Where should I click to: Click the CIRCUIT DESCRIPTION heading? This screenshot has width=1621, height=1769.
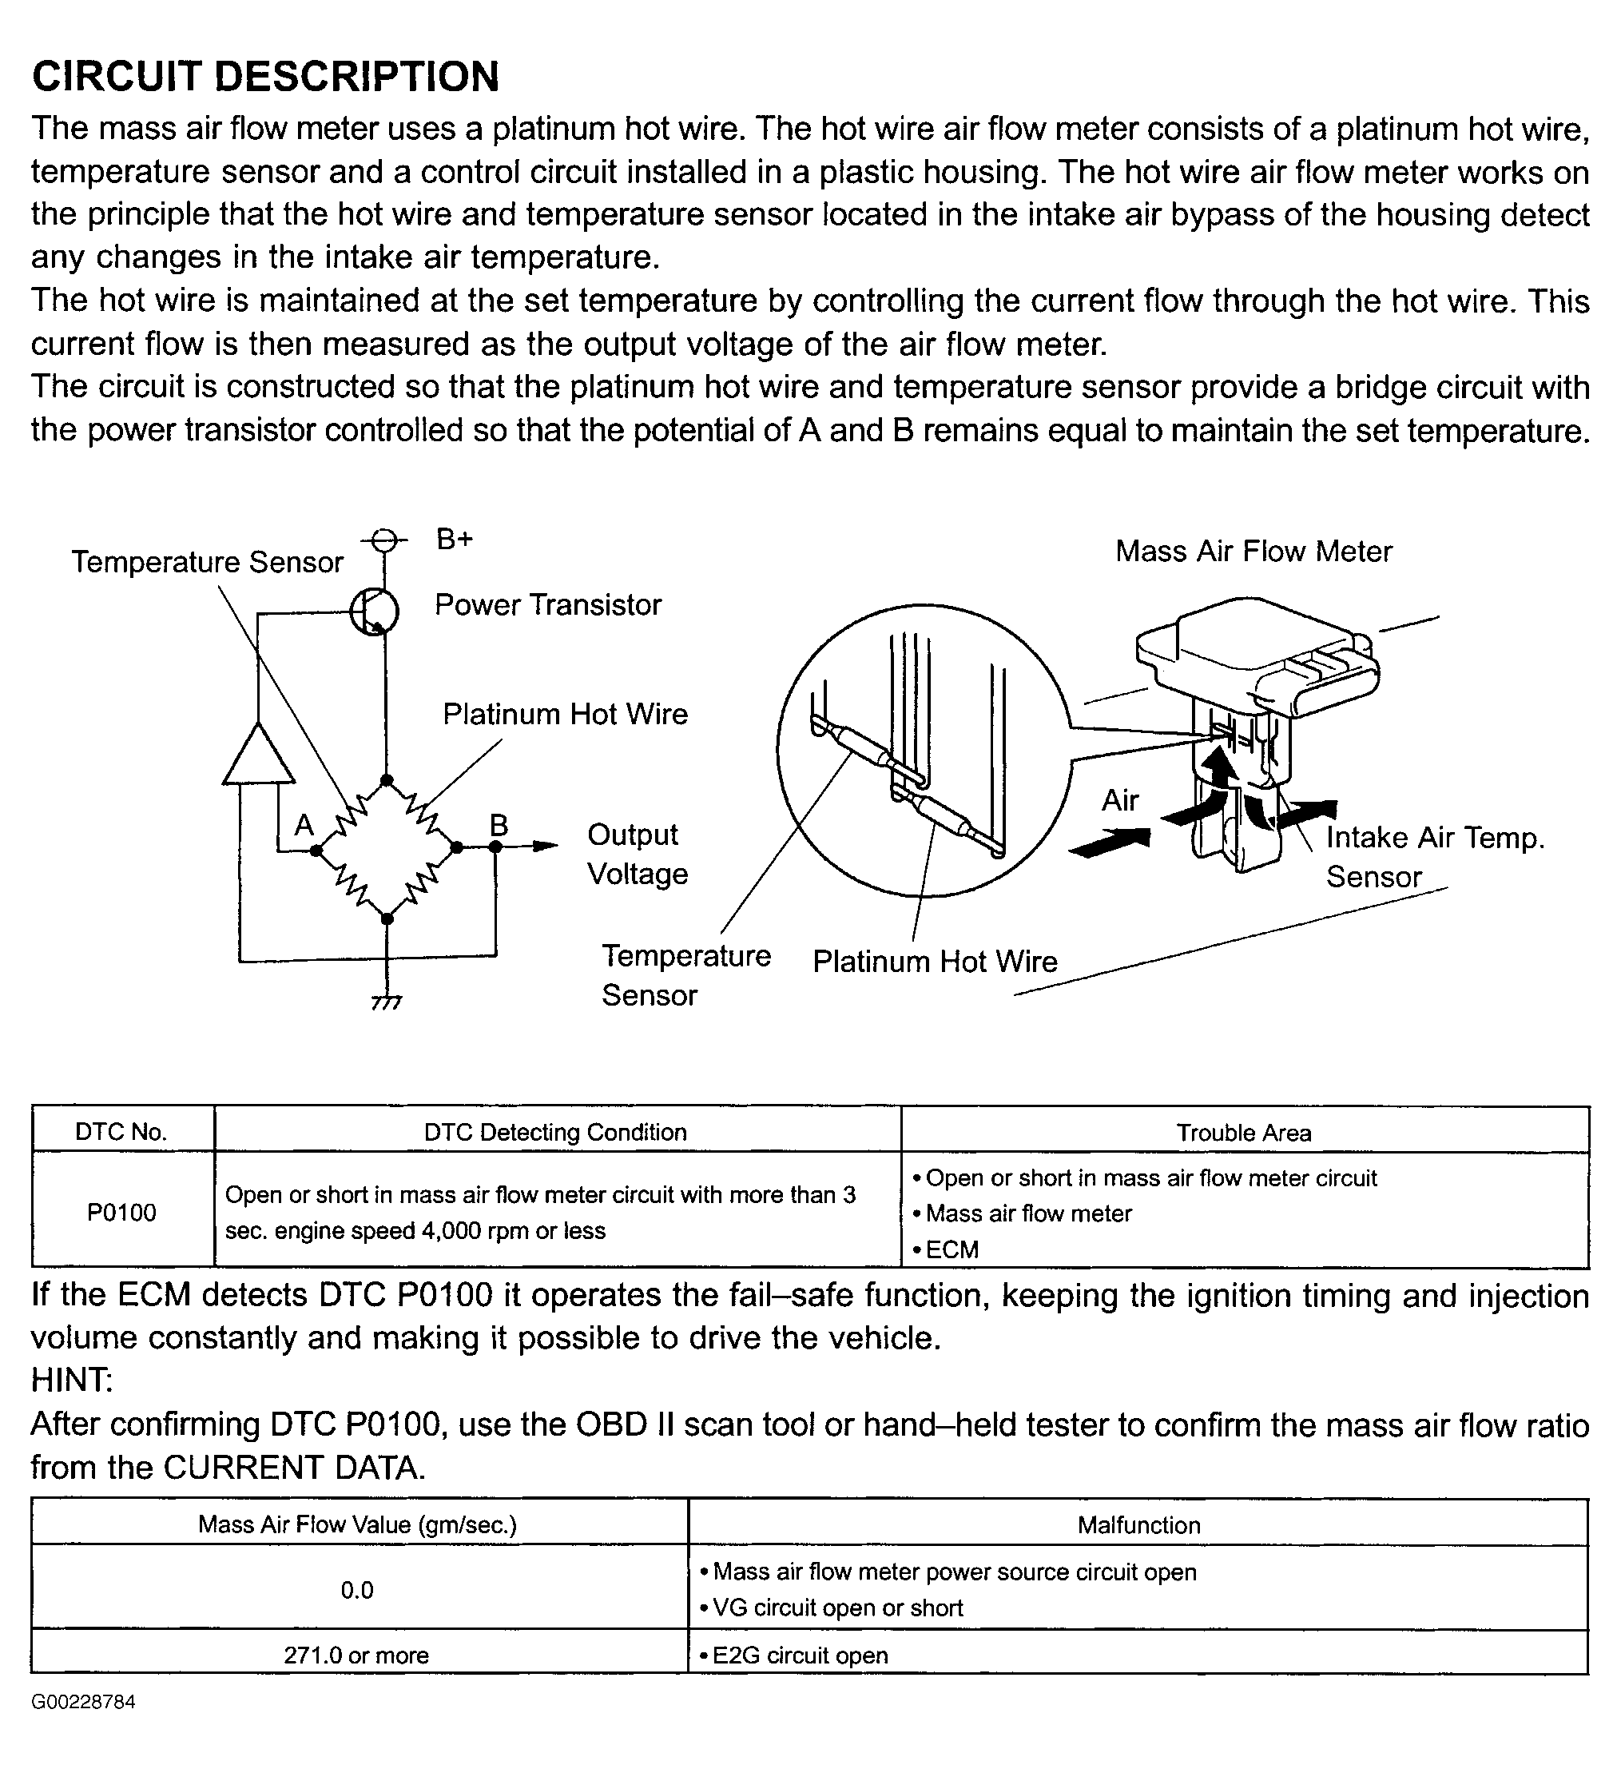[265, 77]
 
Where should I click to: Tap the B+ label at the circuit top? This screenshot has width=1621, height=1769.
[455, 539]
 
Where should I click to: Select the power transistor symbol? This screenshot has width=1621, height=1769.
[375, 611]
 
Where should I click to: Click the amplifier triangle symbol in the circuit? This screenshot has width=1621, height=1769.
[258, 755]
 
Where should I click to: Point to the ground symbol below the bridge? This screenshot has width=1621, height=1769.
[386, 1001]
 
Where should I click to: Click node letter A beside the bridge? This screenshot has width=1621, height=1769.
[304, 826]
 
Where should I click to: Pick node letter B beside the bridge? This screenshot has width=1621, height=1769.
[499, 826]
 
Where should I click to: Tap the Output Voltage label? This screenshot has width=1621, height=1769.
[636, 854]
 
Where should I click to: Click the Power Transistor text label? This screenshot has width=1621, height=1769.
[547, 604]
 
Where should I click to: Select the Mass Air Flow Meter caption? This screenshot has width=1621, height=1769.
[1253, 551]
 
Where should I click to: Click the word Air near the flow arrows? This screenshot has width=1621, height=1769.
[1120, 800]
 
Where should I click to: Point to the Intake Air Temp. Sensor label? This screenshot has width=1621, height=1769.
[1433, 856]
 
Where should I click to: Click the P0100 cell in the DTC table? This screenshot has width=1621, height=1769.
[122, 1213]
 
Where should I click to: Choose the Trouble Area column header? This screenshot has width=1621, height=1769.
[1244, 1133]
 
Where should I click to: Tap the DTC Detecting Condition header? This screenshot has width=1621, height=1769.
[555, 1132]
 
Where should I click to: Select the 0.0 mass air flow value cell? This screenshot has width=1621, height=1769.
[357, 1590]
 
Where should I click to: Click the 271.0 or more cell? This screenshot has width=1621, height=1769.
[356, 1655]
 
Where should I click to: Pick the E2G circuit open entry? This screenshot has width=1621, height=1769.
[800, 1655]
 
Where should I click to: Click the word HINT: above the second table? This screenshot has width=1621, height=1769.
[72, 1381]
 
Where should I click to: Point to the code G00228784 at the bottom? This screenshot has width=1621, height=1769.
[83, 1701]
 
